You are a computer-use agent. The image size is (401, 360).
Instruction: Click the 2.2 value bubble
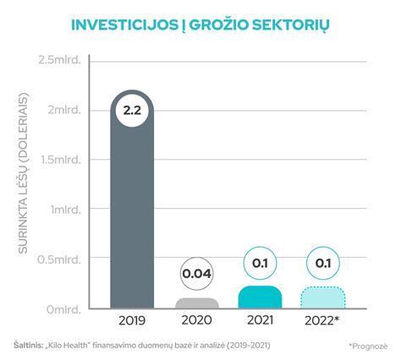(132, 111)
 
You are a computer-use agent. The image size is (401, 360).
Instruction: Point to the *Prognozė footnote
(366, 346)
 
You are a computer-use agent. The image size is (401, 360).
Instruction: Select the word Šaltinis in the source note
(30, 345)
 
